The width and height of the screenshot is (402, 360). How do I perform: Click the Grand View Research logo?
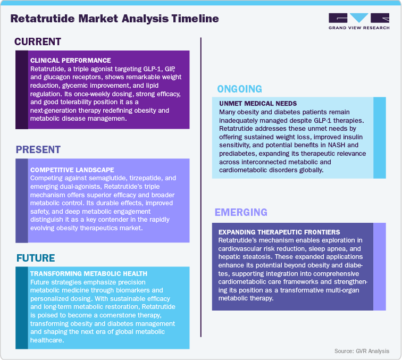pyautogui.click(x=358, y=21)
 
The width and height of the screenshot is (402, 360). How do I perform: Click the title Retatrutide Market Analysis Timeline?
pyautogui.click(x=114, y=19)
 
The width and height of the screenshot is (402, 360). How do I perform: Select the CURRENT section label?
pyautogui.click(x=38, y=42)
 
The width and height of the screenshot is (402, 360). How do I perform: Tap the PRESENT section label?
pyautogui.click(x=38, y=150)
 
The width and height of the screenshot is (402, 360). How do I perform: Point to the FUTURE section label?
pyautogui.click(x=36, y=258)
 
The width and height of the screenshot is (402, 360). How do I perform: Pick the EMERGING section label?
pyautogui.click(x=241, y=213)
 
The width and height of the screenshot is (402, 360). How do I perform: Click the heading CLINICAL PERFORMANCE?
pyautogui.click(x=71, y=60)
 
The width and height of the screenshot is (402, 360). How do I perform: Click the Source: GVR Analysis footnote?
pyautogui.click(x=362, y=351)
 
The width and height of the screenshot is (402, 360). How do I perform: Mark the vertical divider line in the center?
pyautogui.click(x=200, y=186)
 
